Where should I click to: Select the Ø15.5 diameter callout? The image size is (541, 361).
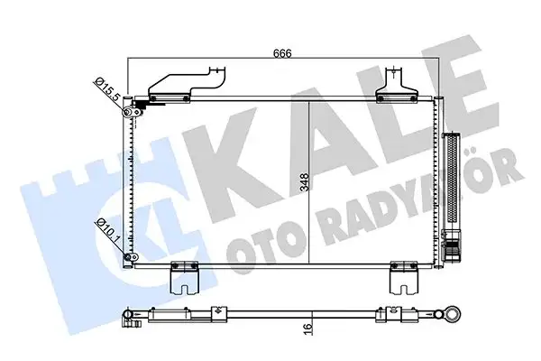(x=107, y=88)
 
